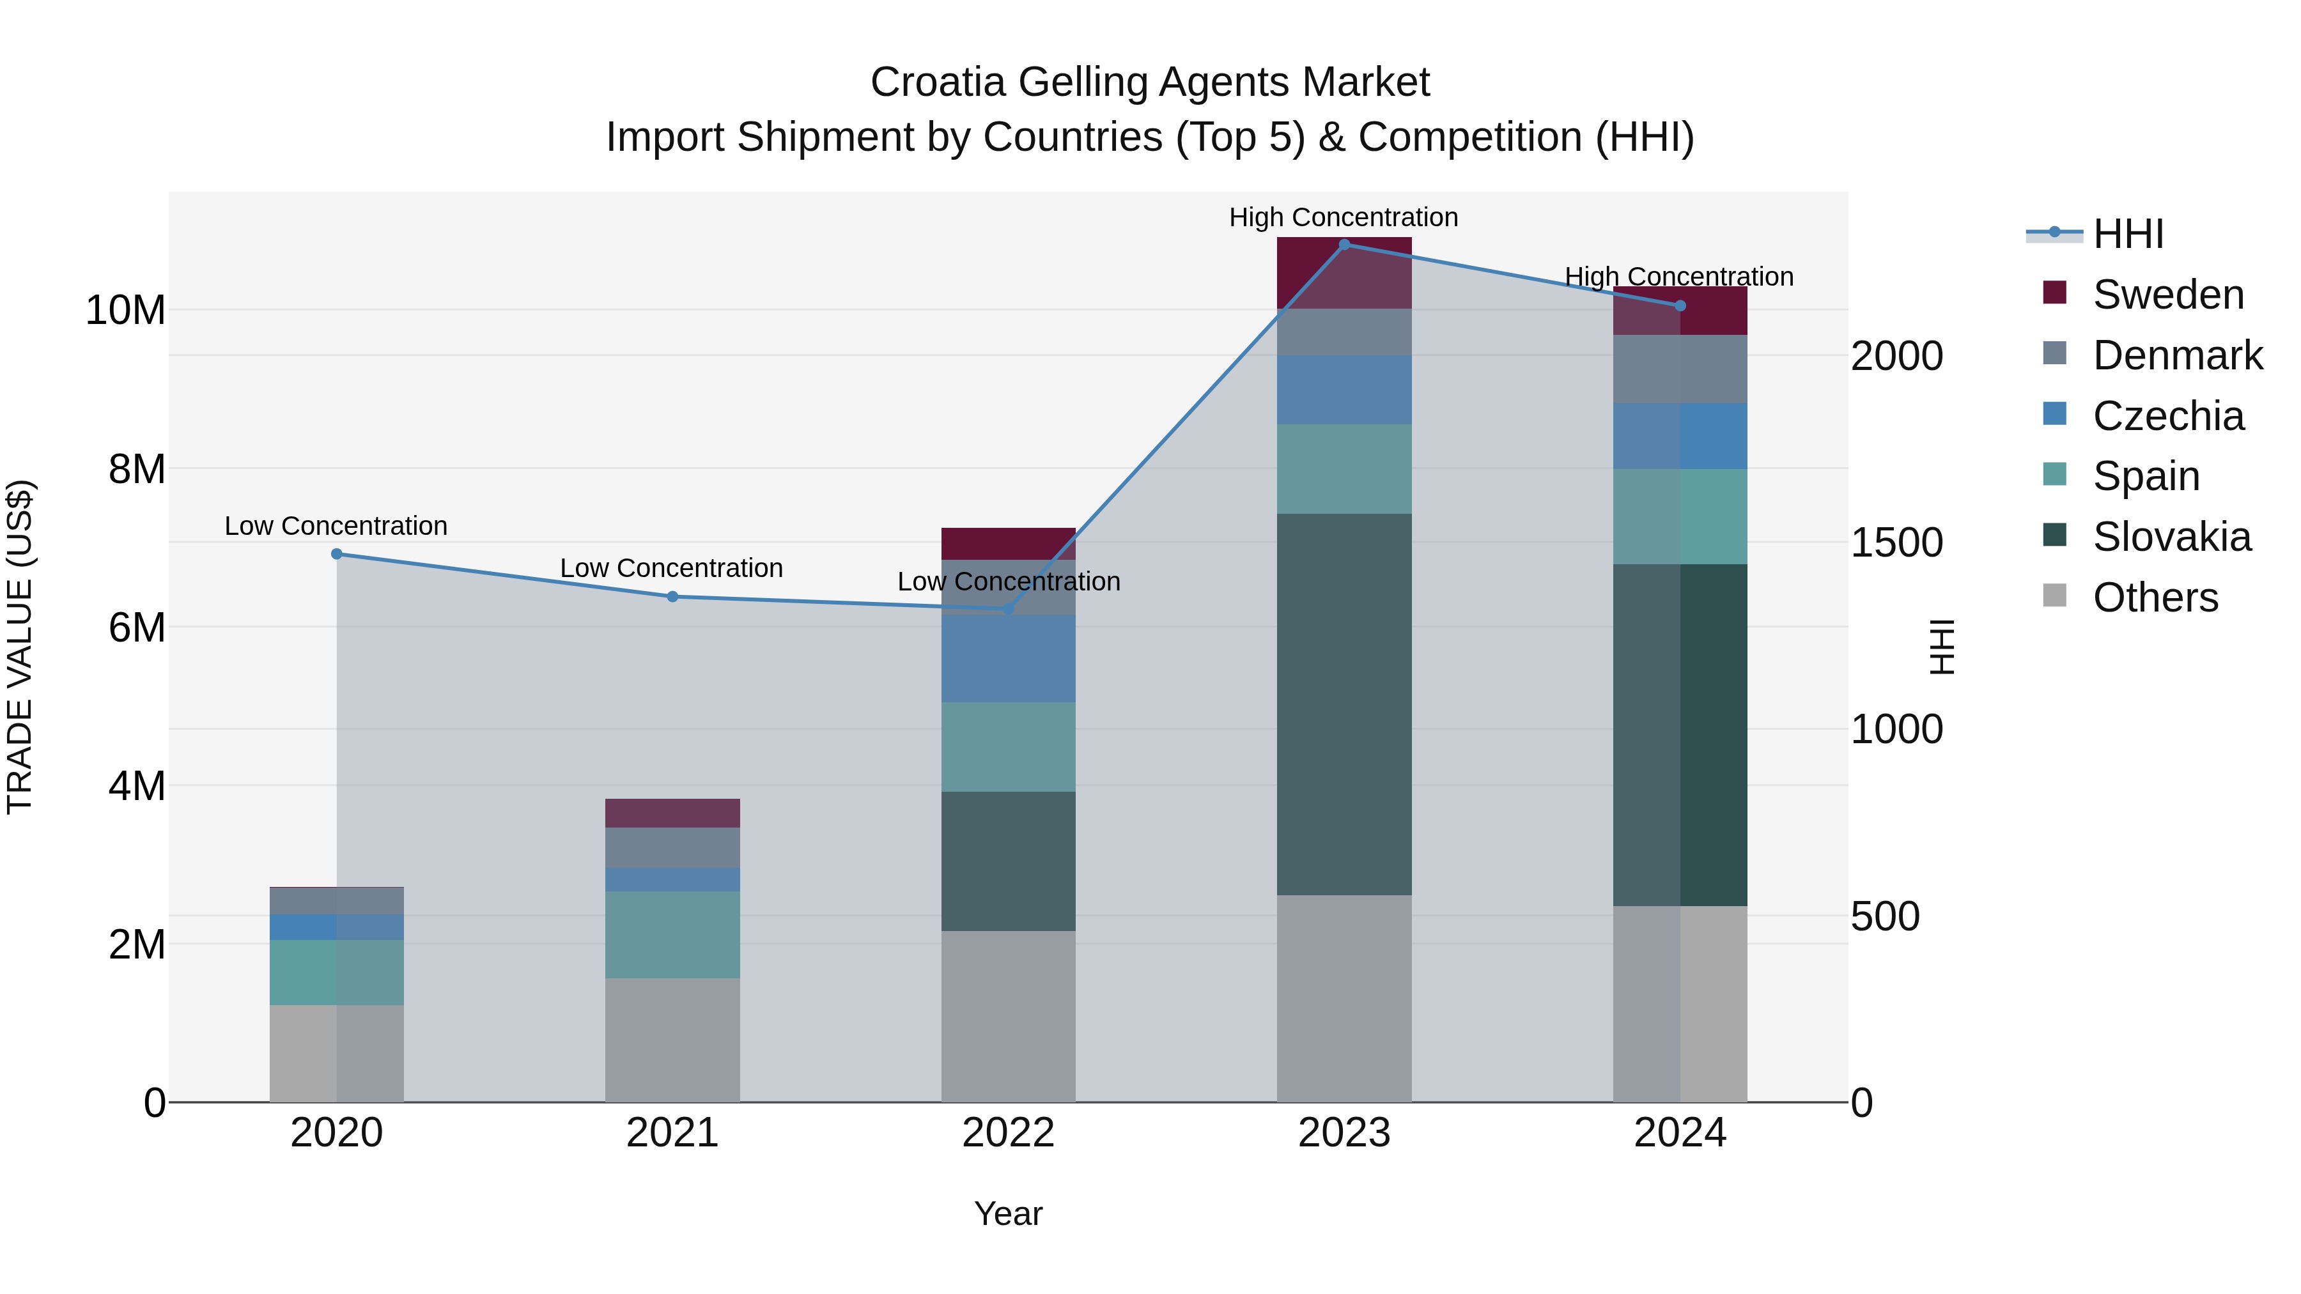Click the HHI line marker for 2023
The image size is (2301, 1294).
[1344, 245]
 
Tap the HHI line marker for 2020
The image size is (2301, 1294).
[337, 553]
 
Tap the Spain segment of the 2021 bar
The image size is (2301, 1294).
[672, 934]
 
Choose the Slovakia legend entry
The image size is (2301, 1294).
[2171, 537]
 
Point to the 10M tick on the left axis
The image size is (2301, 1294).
[125, 310]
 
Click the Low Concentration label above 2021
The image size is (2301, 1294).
[671, 568]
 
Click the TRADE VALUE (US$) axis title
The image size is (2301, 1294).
[20, 647]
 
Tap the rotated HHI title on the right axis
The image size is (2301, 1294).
[1942, 647]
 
